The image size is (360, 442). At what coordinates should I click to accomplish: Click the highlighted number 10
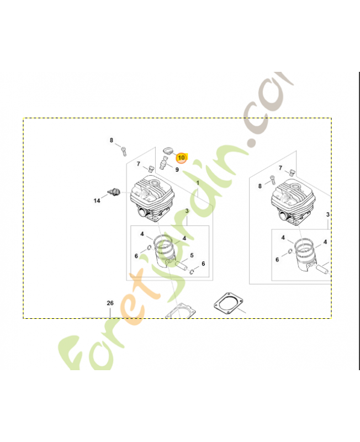[181, 157]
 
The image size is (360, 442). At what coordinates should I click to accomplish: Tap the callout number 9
[177, 170]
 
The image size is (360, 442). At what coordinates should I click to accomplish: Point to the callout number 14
[97, 201]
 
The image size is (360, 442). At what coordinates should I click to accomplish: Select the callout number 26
[110, 303]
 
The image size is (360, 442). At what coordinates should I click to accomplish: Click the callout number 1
[198, 183]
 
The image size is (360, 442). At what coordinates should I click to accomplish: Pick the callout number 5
[192, 255]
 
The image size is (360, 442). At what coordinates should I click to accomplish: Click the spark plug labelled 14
[114, 192]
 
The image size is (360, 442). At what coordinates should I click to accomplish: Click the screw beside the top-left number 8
[124, 151]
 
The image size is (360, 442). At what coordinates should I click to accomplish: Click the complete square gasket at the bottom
[229, 303]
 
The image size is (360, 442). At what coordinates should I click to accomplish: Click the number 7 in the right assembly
[280, 168]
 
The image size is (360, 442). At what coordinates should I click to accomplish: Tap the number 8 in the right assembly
[260, 186]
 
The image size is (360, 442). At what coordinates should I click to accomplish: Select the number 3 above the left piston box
[187, 211]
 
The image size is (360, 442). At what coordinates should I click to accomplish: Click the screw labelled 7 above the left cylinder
[151, 169]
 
